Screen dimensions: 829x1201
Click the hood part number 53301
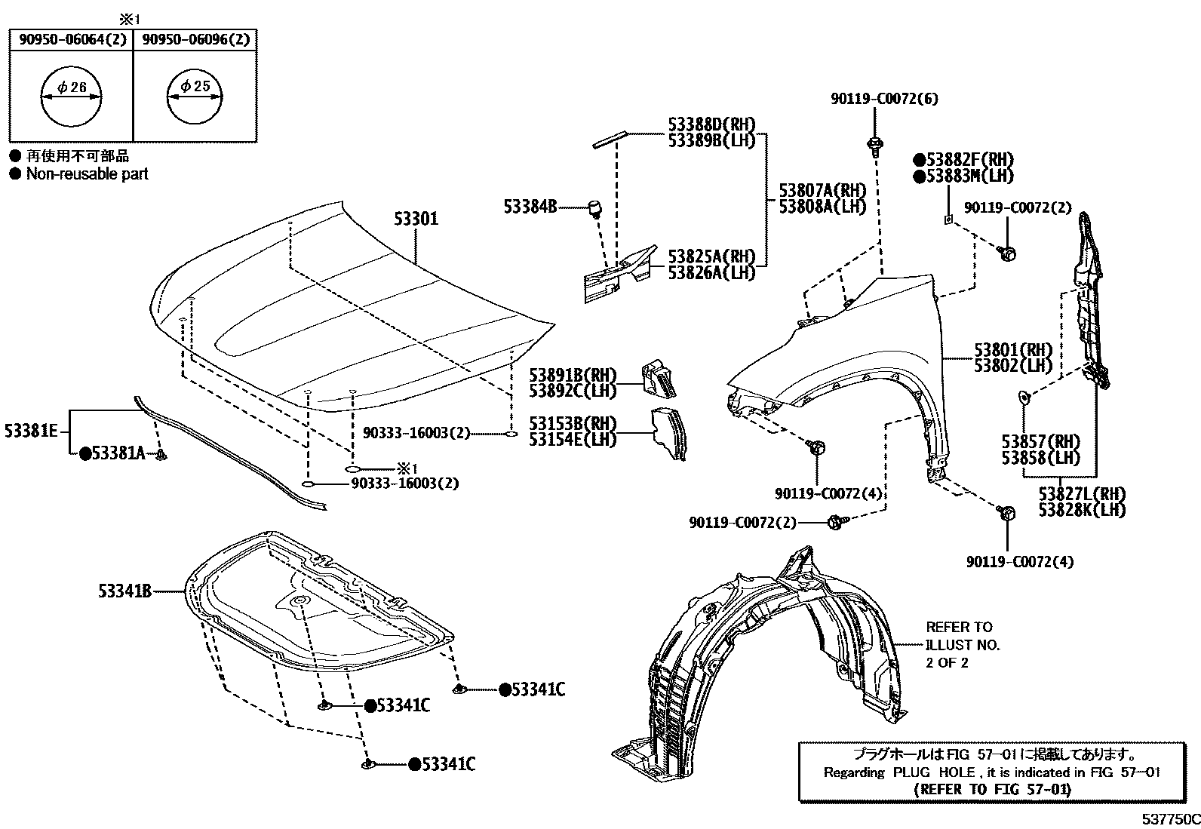[x=416, y=219]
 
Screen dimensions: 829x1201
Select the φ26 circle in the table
[x=71, y=98]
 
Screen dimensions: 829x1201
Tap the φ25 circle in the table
[x=195, y=98]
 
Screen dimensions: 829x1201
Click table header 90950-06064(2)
[x=71, y=40]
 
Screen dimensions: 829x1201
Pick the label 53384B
[x=530, y=206]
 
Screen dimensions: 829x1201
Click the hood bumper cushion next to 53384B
[x=594, y=207]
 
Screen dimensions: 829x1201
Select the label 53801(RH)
[x=1012, y=350]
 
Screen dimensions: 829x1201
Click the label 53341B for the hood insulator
[x=124, y=591]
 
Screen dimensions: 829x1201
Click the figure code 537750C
[x=1169, y=819]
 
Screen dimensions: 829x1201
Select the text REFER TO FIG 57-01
[x=992, y=790]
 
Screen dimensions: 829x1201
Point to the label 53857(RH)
[x=1040, y=441]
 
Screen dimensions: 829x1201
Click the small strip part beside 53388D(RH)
[x=609, y=139]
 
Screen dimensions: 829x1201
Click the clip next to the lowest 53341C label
[x=368, y=764]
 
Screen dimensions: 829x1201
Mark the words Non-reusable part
[x=88, y=173]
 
